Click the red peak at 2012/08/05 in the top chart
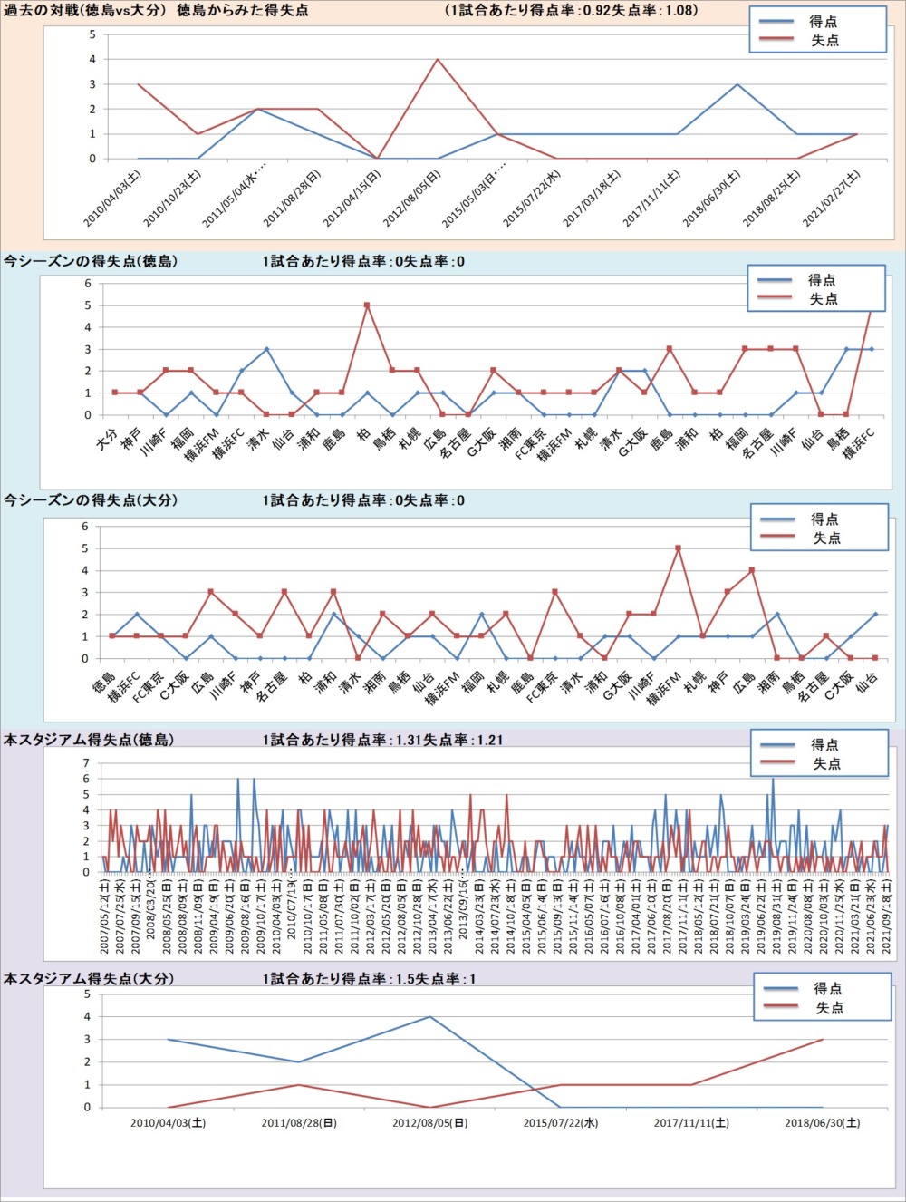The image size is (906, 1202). [438, 60]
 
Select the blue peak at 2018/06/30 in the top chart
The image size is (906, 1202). [737, 84]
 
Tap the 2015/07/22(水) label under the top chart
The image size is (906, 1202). [533, 199]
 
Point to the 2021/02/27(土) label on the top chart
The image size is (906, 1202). [833, 199]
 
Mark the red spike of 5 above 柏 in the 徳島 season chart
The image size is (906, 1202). [367, 305]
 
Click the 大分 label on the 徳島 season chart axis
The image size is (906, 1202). [106, 441]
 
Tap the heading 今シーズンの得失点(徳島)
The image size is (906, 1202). [91, 262]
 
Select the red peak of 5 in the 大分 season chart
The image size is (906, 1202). [678, 548]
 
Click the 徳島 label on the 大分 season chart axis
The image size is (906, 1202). [103, 683]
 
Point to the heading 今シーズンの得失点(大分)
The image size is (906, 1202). [91, 500]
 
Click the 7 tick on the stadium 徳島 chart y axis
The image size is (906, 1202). [87, 763]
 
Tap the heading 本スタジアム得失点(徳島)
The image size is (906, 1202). [89, 740]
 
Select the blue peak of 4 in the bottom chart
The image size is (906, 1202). [429, 1017]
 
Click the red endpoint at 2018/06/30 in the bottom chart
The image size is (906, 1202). [823, 1040]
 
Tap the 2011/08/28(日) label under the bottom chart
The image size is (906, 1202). [299, 1123]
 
